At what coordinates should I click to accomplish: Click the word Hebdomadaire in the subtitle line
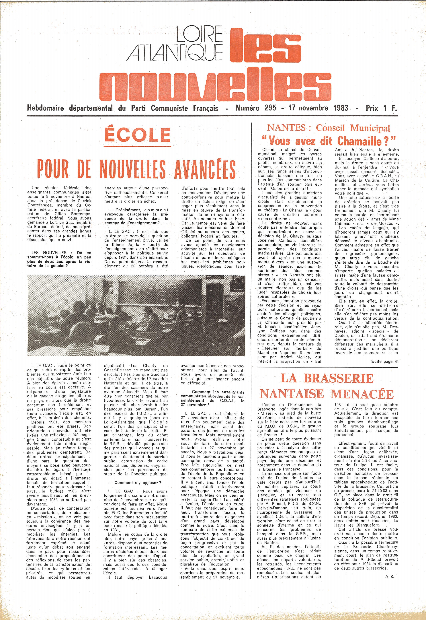[45, 108]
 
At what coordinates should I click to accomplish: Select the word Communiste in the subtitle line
[168, 108]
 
